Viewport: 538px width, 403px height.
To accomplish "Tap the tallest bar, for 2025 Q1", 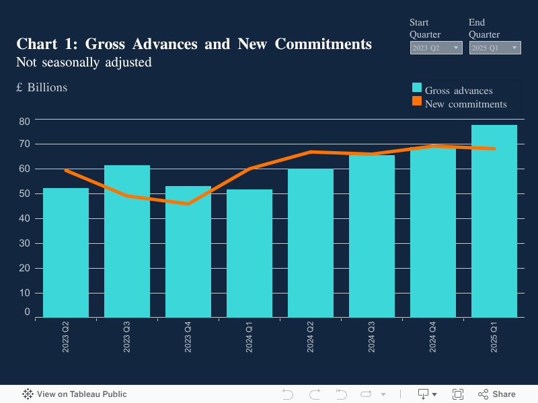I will (494, 222).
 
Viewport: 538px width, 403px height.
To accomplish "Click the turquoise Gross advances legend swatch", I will (417, 88).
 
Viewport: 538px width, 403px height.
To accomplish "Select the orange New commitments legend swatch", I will (417, 101).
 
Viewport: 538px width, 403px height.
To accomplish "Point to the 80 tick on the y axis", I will (25, 121).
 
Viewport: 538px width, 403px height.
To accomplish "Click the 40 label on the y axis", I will (25, 218).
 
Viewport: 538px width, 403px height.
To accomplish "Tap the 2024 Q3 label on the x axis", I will (372, 337).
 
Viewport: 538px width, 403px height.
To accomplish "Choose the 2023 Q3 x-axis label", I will (127, 337).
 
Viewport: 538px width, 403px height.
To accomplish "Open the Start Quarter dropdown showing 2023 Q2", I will (436, 48).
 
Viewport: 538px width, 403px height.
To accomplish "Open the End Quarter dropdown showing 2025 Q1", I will (494, 48).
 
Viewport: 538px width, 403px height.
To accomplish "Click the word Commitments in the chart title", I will (321, 44).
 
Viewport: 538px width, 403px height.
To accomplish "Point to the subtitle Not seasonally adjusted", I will (84, 62).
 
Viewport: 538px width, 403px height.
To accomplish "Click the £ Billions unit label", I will (42, 87).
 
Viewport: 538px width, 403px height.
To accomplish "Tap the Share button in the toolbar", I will (497, 394).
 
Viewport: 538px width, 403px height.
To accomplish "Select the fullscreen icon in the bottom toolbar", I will (458, 394).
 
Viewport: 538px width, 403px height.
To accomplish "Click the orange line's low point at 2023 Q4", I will (188, 204).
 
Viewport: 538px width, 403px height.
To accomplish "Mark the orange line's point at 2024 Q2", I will (311, 152).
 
